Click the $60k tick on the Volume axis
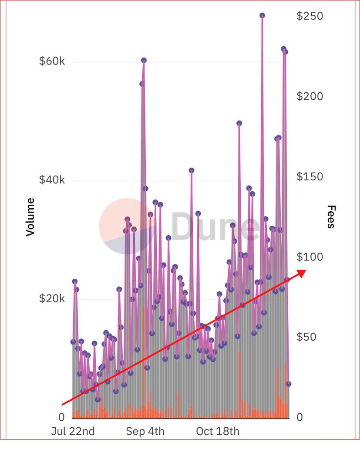click(x=52, y=61)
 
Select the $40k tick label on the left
click(x=52, y=180)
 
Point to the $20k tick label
click(x=52, y=299)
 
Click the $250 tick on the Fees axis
click(x=310, y=16)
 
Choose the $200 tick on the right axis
click(x=310, y=96)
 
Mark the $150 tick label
click(x=310, y=177)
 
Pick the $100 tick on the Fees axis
click(x=310, y=257)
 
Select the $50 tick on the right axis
click(x=306, y=337)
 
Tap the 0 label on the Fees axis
click(x=299, y=417)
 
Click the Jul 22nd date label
click(x=73, y=432)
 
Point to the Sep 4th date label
click(x=145, y=432)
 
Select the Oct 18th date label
click(x=217, y=432)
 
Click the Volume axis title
click(x=30, y=217)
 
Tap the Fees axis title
click(x=331, y=217)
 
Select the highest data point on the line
click(x=262, y=15)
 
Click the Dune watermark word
click(x=213, y=227)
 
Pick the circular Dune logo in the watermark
click(x=127, y=227)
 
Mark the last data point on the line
click(x=289, y=384)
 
